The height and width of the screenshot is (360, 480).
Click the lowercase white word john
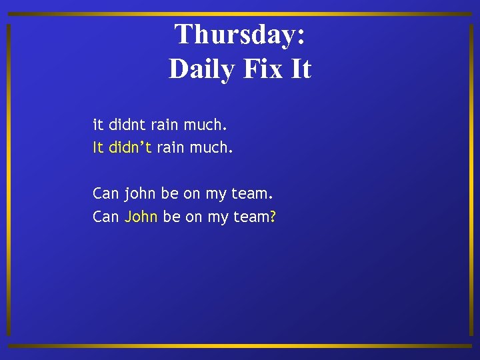(x=139, y=194)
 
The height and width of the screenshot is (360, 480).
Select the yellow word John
(x=141, y=217)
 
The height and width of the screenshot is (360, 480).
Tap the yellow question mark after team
(x=273, y=217)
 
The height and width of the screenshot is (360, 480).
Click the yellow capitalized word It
(x=98, y=147)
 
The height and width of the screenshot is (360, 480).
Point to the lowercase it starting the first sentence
(x=97, y=124)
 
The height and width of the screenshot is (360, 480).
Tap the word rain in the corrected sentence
(x=171, y=147)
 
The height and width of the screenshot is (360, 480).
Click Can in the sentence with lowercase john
(x=106, y=194)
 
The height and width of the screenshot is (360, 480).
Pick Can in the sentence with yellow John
(x=106, y=217)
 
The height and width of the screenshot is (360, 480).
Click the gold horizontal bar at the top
(x=240, y=14)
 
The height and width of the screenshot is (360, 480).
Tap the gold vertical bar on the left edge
(x=8, y=180)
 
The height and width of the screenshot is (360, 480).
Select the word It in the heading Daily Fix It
(x=301, y=69)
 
